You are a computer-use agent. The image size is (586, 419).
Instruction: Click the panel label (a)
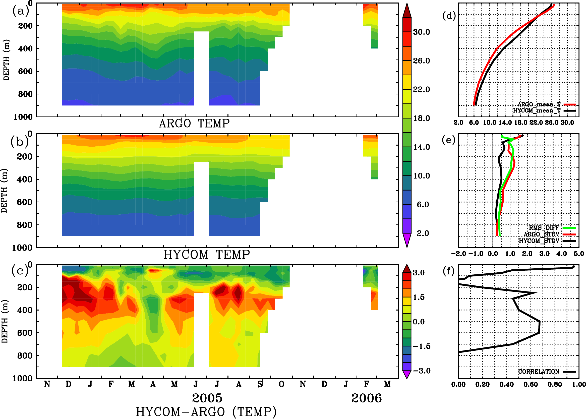[x=21, y=11]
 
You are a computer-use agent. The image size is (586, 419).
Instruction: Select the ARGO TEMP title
[x=194, y=124]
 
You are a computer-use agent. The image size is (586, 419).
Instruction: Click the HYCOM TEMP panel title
[x=206, y=255]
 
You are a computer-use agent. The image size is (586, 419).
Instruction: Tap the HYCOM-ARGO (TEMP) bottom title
[x=206, y=412]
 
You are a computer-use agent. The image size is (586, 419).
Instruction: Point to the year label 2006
[x=366, y=398]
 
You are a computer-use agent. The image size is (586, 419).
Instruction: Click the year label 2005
[x=207, y=398]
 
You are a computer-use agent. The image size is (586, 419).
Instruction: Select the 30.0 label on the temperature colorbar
[x=421, y=32]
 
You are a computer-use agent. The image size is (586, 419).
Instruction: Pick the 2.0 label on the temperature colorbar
[x=423, y=233]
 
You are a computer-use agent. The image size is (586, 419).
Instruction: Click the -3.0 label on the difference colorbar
[x=422, y=371]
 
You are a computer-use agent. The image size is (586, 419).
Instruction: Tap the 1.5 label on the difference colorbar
[x=419, y=297]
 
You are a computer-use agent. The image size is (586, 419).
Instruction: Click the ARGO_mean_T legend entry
[x=539, y=104]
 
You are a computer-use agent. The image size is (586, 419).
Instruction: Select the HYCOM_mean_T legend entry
[x=537, y=111]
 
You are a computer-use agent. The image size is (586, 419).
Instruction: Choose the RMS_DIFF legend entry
[x=544, y=228]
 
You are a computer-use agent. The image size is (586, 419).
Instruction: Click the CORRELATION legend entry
[x=539, y=372]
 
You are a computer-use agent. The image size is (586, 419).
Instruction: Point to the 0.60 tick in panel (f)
[x=531, y=384]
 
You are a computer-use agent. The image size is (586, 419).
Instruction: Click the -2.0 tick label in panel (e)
[x=458, y=254]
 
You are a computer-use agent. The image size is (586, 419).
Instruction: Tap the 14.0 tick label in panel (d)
[x=505, y=123]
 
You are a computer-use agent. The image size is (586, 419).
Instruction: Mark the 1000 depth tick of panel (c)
[x=23, y=379]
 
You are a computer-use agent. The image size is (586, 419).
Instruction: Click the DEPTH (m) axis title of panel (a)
[x=6, y=60]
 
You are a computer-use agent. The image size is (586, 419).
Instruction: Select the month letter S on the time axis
[x=260, y=384]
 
